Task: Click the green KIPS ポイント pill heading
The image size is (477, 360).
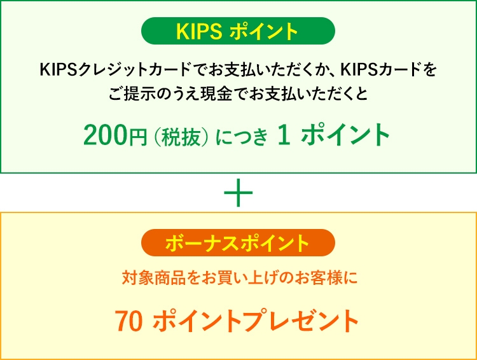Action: (x=238, y=31)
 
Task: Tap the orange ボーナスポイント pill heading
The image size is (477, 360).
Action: (x=238, y=242)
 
